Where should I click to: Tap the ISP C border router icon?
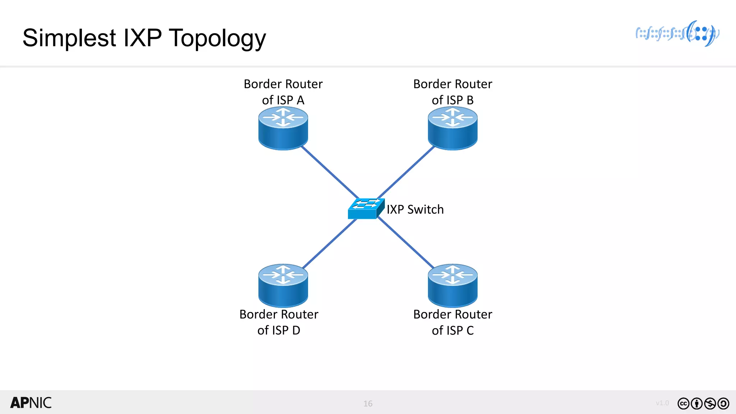(452, 286)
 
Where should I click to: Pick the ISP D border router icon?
(283, 286)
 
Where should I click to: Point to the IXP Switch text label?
(415, 210)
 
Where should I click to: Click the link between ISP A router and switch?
(330, 172)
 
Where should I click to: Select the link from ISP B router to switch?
(406, 172)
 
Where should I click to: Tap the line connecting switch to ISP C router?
(406, 243)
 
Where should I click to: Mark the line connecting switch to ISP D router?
(330, 244)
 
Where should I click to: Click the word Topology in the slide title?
(217, 38)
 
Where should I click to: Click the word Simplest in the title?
(69, 38)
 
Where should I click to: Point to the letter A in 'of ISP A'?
(300, 100)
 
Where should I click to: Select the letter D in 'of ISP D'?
(296, 330)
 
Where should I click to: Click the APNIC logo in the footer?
(31, 403)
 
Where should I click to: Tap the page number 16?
(368, 404)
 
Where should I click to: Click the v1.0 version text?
(662, 403)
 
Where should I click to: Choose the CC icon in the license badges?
(683, 404)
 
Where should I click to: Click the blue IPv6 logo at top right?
(677, 34)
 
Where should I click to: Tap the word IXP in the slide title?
(142, 38)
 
